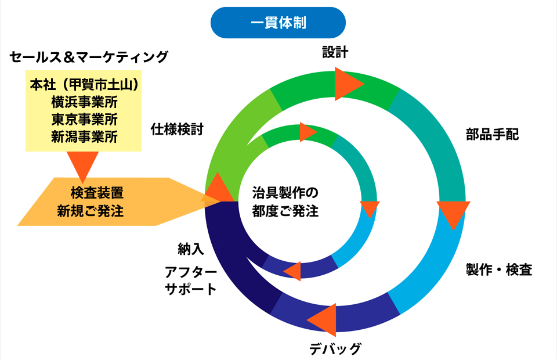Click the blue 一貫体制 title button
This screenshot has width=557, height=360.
[x=278, y=23]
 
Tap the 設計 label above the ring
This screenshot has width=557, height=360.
[x=335, y=52]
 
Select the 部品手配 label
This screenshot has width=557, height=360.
[x=492, y=135]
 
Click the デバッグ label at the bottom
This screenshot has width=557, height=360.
[x=335, y=348]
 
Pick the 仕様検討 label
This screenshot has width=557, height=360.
[x=177, y=129]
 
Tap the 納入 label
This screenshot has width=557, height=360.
[x=191, y=250]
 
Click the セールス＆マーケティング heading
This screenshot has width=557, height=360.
[x=89, y=57]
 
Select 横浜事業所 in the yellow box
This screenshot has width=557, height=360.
[x=84, y=102]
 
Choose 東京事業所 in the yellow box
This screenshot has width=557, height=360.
[x=84, y=120]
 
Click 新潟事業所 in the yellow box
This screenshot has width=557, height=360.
[x=84, y=137]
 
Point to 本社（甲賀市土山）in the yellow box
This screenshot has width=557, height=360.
[x=84, y=85]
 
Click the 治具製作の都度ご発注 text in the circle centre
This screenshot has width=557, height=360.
[x=285, y=201]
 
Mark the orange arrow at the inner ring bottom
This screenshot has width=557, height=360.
[x=293, y=271]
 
